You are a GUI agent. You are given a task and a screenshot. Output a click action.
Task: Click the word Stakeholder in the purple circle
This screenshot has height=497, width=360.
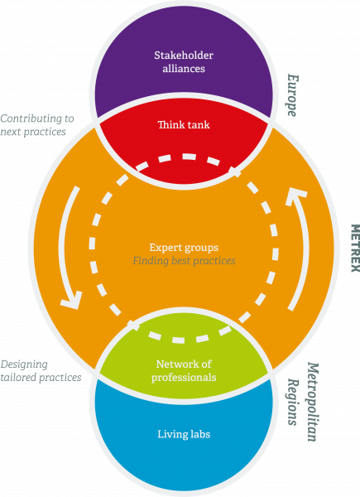[x=184, y=55]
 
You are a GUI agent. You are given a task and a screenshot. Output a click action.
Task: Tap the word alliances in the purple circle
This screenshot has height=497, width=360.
[x=184, y=69]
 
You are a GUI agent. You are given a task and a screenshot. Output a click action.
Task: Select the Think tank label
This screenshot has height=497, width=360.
[x=184, y=124]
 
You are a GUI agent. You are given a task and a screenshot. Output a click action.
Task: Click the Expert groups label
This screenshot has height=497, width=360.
[x=184, y=248]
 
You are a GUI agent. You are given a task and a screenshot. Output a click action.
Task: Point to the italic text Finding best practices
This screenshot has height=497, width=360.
[x=184, y=261]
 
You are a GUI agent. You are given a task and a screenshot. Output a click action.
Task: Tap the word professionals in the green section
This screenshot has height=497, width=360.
[x=184, y=378]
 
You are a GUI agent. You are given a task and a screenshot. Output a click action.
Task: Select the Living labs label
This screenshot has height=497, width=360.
[x=184, y=434]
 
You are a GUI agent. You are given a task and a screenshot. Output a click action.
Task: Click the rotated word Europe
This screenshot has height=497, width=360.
[x=292, y=95]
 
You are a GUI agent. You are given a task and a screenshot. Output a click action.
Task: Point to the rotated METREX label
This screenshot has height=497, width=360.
[x=355, y=248]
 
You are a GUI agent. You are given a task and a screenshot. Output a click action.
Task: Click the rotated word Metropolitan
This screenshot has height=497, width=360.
[x=312, y=402]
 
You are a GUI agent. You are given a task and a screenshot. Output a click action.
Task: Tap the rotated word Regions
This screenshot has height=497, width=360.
[x=293, y=402]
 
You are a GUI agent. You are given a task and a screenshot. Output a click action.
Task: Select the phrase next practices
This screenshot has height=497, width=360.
[x=33, y=132]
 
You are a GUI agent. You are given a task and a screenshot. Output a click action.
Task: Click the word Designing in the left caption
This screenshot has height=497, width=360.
[x=24, y=364]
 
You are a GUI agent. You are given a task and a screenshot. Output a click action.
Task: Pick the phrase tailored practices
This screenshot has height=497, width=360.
[x=41, y=378]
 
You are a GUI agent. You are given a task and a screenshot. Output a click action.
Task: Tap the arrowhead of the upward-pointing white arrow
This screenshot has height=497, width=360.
[x=295, y=195]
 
